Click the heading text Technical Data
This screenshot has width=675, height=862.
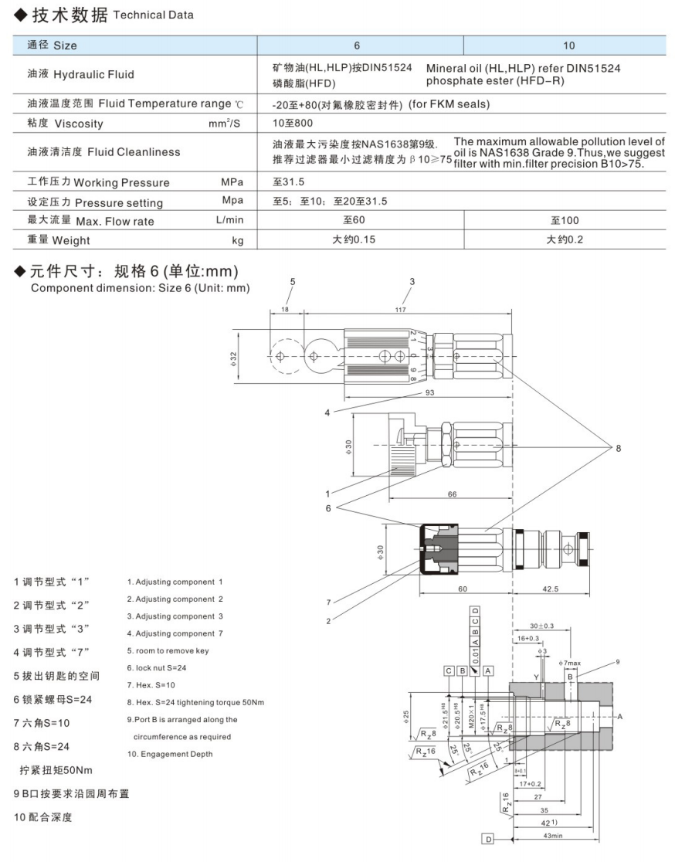point(153,15)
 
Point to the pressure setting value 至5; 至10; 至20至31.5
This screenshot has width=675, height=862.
point(330,201)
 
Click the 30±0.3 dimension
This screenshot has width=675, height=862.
point(542,626)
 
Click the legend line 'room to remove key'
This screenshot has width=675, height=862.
point(168,650)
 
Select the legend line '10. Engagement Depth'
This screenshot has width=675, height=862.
point(169,754)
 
